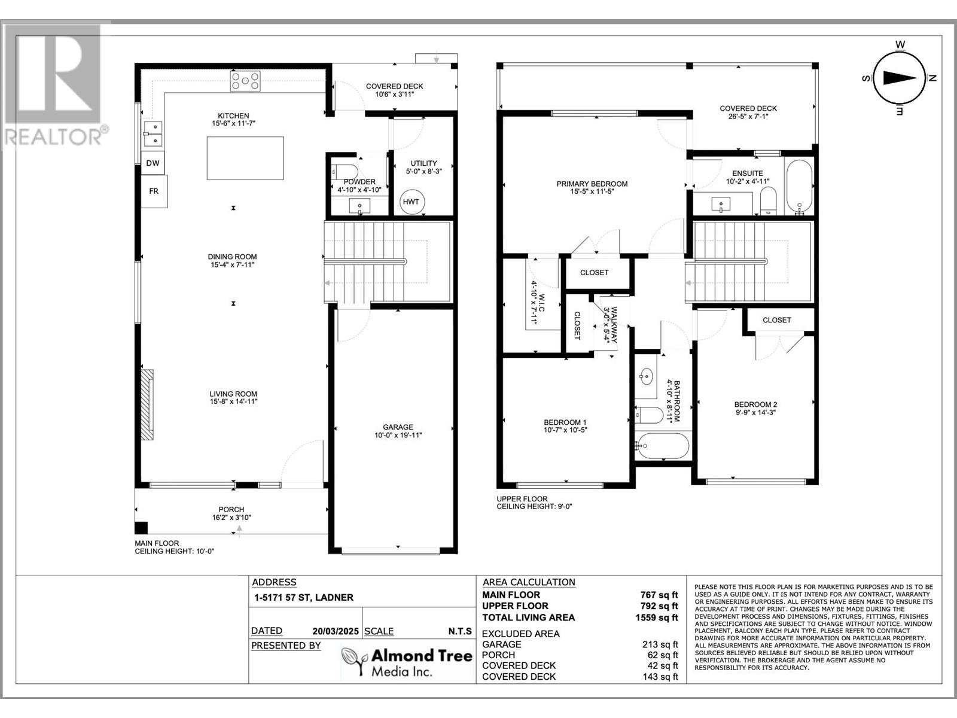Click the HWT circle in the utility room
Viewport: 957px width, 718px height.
click(412, 202)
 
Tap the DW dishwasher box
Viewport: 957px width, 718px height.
click(153, 163)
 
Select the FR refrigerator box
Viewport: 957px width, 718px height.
click(154, 191)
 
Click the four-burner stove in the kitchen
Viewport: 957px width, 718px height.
click(245, 81)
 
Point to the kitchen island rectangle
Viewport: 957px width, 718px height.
click(245, 158)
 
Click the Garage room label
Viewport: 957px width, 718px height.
click(398, 427)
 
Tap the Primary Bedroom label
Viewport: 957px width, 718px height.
click(592, 184)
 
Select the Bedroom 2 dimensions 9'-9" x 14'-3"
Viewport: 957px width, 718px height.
click(755, 412)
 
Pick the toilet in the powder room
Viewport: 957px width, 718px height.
click(345, 171)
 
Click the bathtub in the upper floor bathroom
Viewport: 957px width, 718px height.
click(662, 446)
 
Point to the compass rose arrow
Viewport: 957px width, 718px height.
click(900, 78)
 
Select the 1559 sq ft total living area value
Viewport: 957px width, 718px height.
click(657, 617)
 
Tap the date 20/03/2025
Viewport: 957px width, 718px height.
click(336, 631)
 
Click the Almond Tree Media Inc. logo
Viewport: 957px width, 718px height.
click(406, 662)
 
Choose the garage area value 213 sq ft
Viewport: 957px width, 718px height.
click(660, 644)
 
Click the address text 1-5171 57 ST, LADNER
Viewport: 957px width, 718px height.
click(304, 598)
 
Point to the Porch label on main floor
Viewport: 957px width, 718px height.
click(231, 510)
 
